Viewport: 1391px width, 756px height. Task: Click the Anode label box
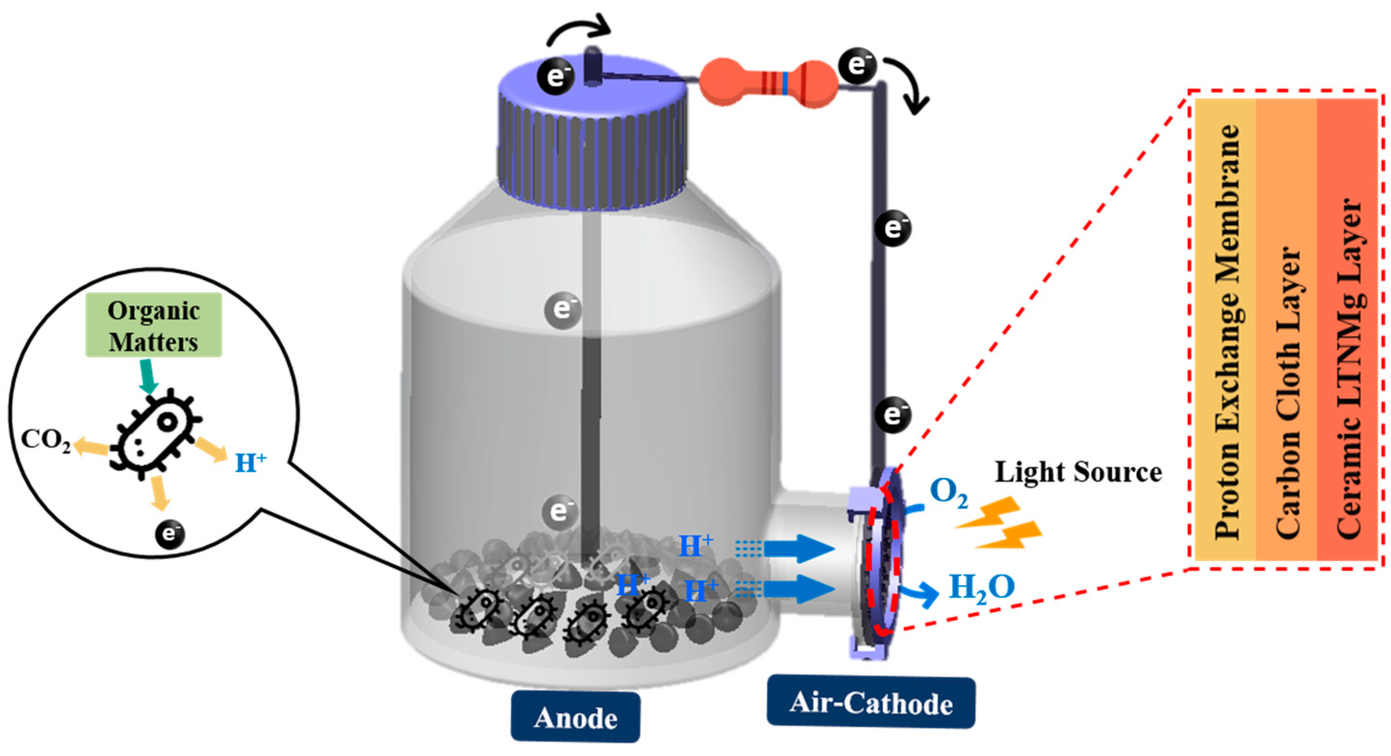576,718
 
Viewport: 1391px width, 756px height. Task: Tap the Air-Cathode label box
870,702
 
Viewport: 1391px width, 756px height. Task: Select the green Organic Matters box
154,326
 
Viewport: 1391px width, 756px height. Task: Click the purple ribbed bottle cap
592,143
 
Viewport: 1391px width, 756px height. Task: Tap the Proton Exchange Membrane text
1227,332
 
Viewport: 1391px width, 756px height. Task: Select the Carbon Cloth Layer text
1288,392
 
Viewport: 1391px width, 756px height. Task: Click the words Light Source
1078,473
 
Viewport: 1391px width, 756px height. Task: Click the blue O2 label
948,492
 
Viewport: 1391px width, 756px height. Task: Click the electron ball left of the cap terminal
556,77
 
